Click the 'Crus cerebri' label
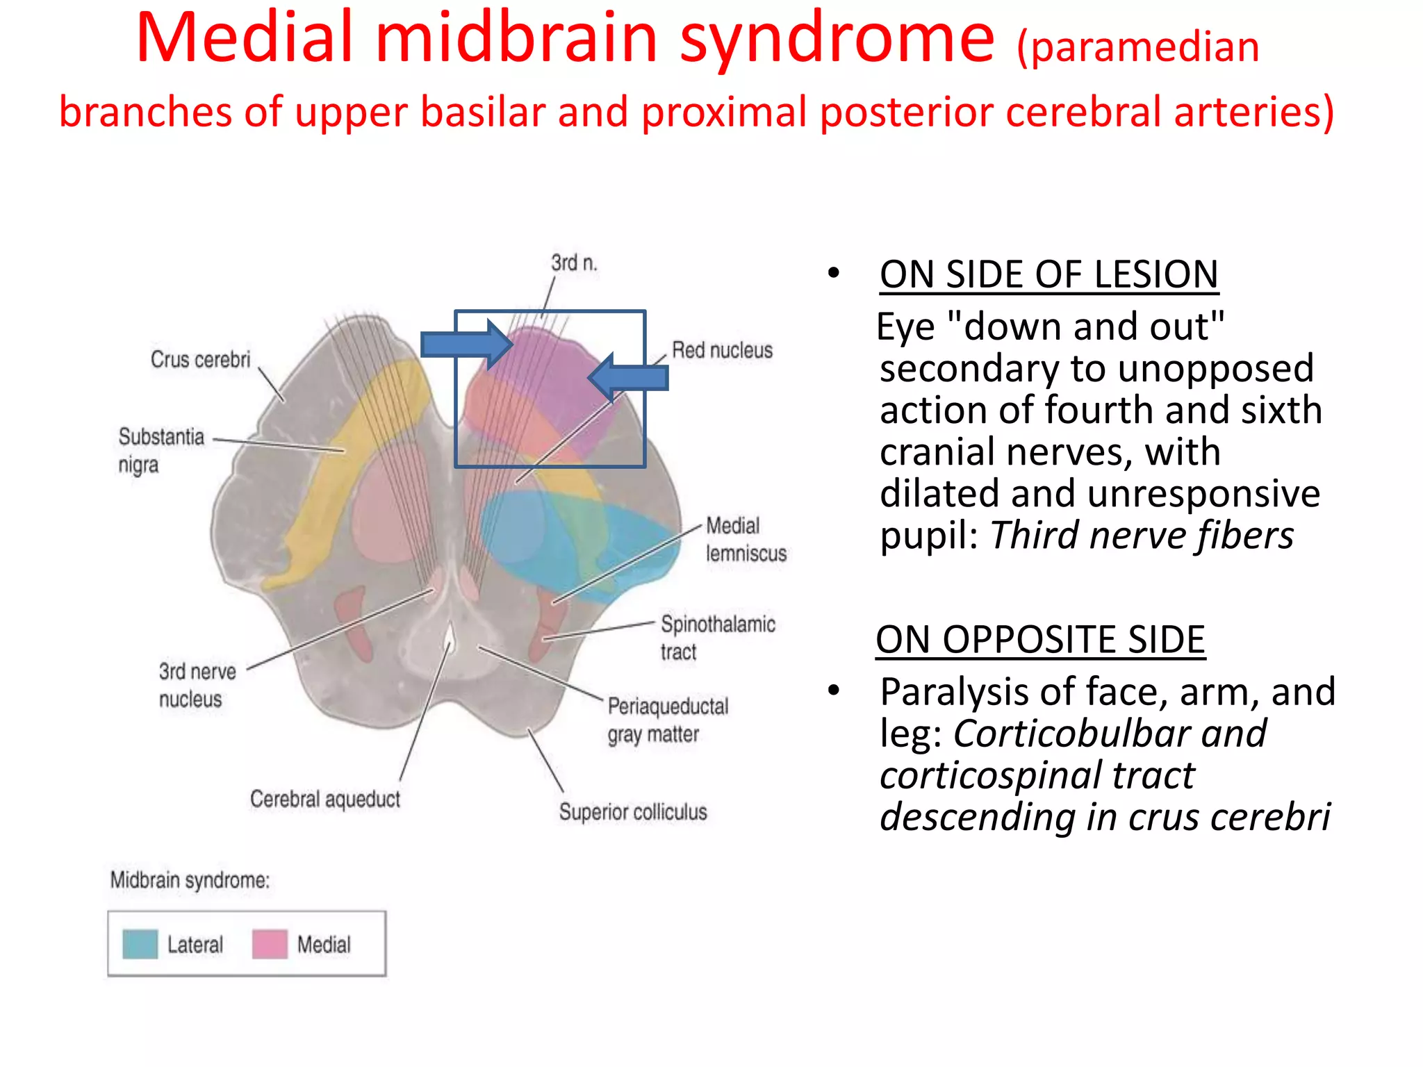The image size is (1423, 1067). pyautogui.click(x=200, y=359)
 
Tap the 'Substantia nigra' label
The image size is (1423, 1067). pyautogui.click(x=161, y=450)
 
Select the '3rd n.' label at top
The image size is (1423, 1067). pyautogui.click(x=574, y=263)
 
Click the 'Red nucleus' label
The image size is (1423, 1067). pyautogui.click(x=722, y=350)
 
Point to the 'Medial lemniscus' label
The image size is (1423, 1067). pyautogui.click(x=746, y=539)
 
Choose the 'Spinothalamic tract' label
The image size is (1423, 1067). pyautogui.click(x=717, y=637)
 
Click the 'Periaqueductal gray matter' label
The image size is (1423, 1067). pyautogui.click(x=668, y=720)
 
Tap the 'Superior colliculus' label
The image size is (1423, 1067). pyautogui.click(x=633, y=811)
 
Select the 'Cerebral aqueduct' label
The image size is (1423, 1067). pyautogui.click(x=325, y=799)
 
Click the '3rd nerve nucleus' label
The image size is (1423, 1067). pyautogui.click(x=197, y=685)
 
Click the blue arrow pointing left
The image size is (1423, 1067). pyautogui.click(x=628, y=377)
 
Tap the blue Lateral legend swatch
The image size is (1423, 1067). pyautogui.click(x=140, y=944)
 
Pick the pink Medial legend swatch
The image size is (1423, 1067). pyautogui.click(x=270, y=944)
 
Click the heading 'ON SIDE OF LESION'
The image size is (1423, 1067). pyautogui.click(x=1048, y=274)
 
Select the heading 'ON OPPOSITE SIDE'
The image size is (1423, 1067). pyautogui.click(x=1040, y=639)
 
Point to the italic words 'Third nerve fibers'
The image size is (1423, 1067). pyautogui.click(x=1142, y=536)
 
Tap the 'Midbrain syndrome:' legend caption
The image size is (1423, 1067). pyautogui.click(x=190, y=880)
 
